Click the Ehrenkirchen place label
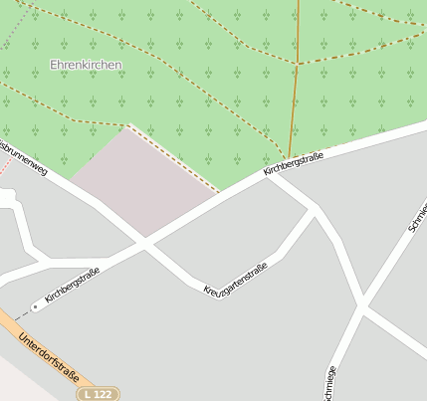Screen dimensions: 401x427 click(x=87, y=65)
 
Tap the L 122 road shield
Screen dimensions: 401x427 click(x=99, y=394)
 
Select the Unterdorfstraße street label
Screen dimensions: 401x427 click(x=49, y=357)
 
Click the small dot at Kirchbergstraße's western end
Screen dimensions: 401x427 click(x=35, y=306)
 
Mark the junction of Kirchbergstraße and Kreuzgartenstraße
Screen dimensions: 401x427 click(x=145, y=243)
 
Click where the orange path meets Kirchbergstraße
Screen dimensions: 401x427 click(x=289, y=160)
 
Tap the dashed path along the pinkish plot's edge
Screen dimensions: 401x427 click(x=174, y=158)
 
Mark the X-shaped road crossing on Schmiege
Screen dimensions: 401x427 click(x=362, y=310)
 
